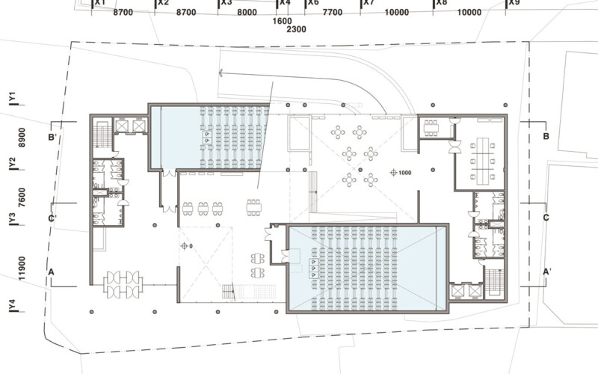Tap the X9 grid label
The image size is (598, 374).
click(514, 3)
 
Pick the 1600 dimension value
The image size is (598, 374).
click(283, 21)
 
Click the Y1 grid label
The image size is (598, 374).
click(12, 98)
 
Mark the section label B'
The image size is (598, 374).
click(52, 138)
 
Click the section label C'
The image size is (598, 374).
click(52, 218)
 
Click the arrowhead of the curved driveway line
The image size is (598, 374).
click(222, 73)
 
